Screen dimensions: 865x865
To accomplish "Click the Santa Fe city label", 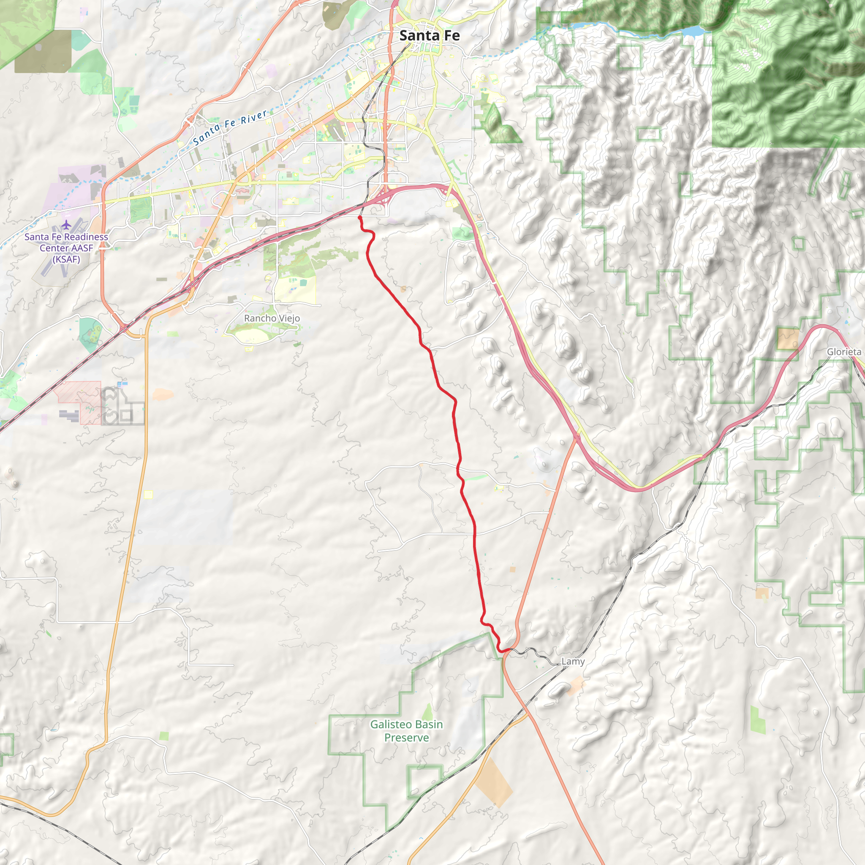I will (430, 35).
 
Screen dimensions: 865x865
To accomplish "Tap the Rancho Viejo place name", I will (272, 318).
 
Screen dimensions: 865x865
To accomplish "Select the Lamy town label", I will (573, 661).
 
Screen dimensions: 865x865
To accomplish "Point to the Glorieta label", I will (843, 351).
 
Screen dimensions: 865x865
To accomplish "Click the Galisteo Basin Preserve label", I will (406, 731).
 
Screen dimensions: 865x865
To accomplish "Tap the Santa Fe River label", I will (230, 127).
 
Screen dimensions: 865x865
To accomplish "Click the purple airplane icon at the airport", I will (66, 224).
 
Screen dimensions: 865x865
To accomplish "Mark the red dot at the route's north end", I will (359, 218).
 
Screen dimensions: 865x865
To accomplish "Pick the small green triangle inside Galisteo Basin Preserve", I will (427, 711).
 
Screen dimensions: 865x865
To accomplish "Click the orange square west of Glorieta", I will (788, 338).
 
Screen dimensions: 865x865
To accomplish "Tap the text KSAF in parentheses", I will (66, 259).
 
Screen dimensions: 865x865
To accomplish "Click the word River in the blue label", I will (254, 117).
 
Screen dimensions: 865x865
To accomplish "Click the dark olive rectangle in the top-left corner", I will (43, 52).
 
